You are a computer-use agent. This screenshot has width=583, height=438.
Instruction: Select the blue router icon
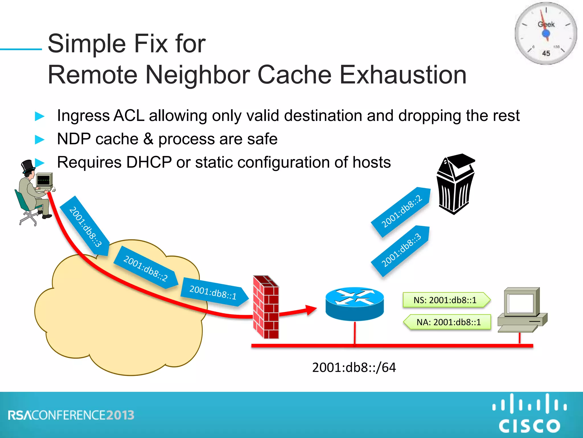(x=354, y=303)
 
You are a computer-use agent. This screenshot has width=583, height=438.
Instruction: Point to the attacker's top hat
(x=28, y=166)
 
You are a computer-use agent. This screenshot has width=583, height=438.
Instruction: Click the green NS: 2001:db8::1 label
(x=446, y=300)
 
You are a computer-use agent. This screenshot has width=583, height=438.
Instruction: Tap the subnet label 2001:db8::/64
(x=354, y=367)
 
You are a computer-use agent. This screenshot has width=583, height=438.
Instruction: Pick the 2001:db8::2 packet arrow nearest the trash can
(x=401, y=212)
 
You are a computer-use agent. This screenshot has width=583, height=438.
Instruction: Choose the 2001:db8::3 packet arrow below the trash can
(x=401, y=250)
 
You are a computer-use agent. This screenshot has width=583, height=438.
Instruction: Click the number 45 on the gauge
(x=546, y=53)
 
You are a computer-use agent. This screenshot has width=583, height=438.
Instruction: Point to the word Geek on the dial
(x=546, y=25)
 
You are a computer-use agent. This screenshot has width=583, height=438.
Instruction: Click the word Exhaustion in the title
(x=403, y=75)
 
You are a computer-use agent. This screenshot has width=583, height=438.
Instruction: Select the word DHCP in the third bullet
(x=149, y=162)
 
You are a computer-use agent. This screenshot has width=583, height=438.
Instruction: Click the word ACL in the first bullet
(x=129, y=116)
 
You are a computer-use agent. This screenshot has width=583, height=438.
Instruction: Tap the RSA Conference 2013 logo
(x=71, y=415)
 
